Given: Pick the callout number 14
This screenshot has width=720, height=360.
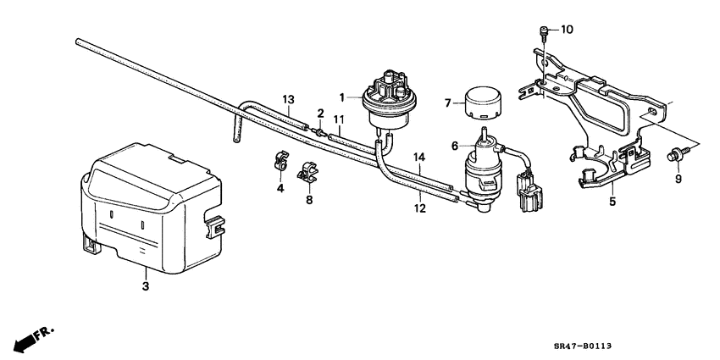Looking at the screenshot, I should click(418, 158).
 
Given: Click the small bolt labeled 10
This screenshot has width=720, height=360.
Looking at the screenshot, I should click(540, 32).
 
